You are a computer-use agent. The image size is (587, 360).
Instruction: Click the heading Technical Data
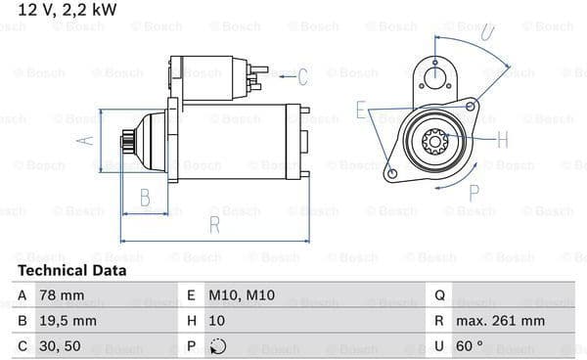point(71,270)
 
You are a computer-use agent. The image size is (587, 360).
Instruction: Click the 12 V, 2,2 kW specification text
point(68,10)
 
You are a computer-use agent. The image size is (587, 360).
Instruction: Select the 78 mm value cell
point(62,295)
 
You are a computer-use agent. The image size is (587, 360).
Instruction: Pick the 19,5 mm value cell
point(68,321)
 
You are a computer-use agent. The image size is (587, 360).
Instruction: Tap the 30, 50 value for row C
point(60,346)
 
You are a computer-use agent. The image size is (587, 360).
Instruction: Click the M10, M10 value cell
point(242,295)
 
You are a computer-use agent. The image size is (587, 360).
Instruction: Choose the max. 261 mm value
point(500,321)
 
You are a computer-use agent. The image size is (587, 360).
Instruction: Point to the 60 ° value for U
point(470,346)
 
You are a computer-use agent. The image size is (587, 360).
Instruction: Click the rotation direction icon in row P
point(218,346)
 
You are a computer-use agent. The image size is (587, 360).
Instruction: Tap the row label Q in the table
point(440,295)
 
